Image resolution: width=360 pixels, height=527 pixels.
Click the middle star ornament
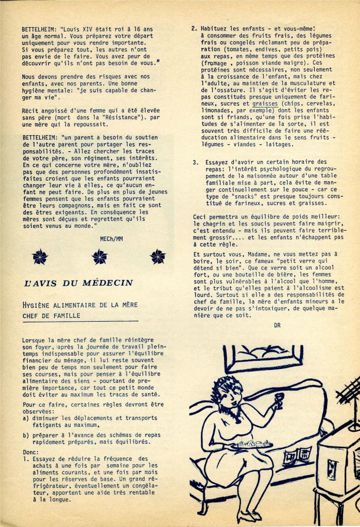99,256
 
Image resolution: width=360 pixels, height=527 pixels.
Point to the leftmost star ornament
40,256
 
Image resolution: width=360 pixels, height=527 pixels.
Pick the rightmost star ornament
158,256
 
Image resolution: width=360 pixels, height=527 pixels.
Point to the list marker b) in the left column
26,435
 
